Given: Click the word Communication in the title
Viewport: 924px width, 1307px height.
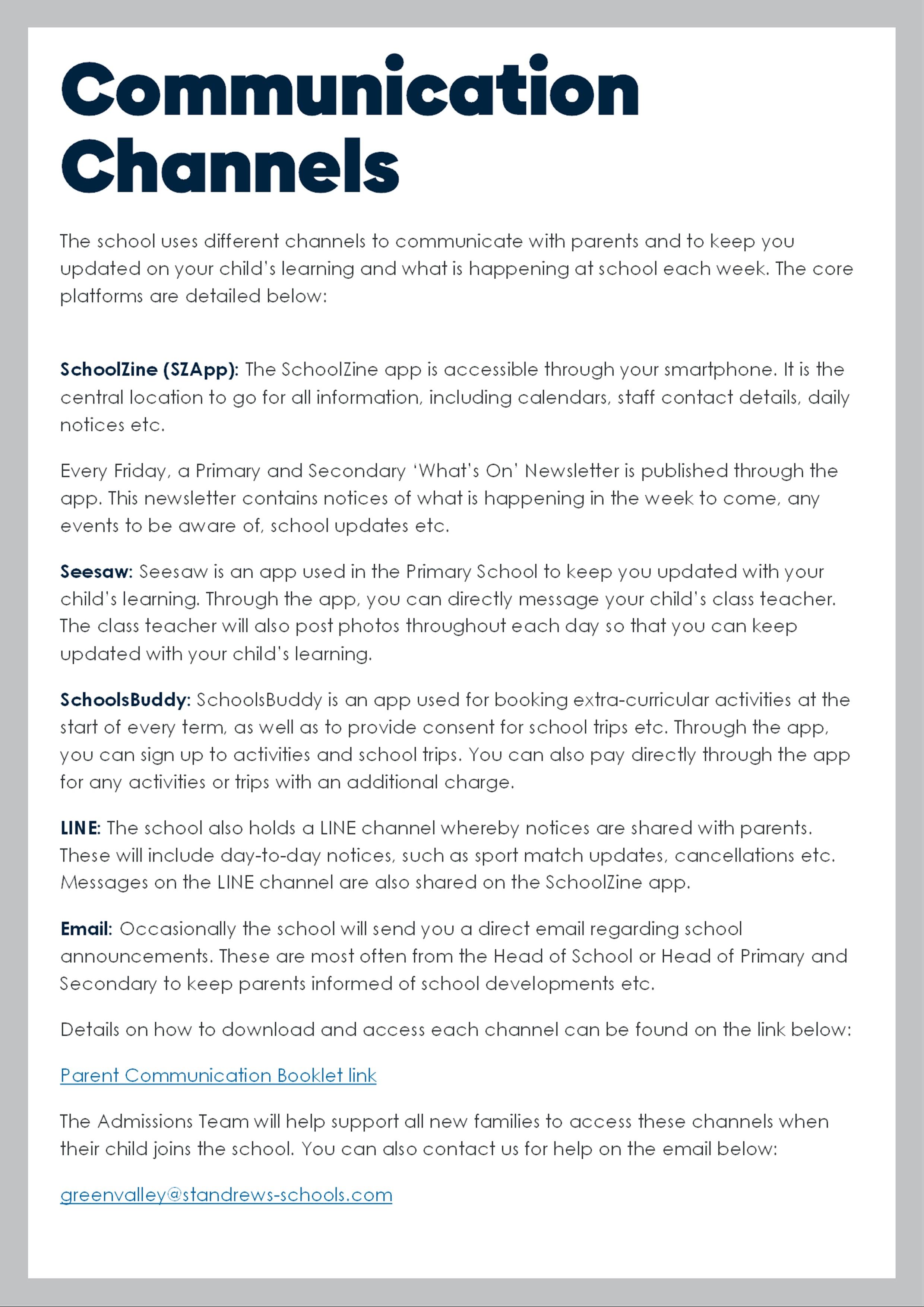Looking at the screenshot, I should click(349, 90).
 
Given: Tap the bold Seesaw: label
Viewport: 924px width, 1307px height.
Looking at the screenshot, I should click(96, 572).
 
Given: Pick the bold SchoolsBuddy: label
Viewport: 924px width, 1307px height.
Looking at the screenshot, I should click(125, 700).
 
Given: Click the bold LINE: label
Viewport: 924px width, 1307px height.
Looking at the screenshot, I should click(80, 828).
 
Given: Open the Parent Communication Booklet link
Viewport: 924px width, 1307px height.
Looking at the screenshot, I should click(218, 1075).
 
